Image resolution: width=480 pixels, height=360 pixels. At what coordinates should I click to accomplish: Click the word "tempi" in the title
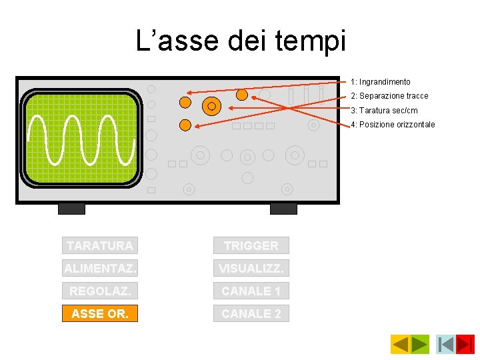coord(315,41)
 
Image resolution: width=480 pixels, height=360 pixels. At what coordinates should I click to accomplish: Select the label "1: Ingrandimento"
coord(381,82)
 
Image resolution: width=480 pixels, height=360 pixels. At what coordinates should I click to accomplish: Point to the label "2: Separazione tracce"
coord(389,96)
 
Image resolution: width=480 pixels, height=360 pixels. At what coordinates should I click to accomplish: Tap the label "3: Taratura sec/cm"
coord(384,111)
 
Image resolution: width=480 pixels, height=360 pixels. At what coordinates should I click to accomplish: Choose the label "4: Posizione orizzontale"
coord(393,125)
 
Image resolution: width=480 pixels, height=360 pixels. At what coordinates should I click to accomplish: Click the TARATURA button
coord(100,245)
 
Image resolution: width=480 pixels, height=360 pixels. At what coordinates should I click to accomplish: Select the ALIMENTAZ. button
coord(100,268)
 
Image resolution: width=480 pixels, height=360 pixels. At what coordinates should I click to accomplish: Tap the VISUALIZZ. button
coord(251,268)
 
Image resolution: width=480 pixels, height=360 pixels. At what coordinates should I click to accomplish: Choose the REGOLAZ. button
coord(100,291)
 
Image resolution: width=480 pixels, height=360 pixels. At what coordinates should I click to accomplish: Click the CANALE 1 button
coord(251,291)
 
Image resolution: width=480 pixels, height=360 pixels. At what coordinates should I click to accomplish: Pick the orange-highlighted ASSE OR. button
coord(100,313)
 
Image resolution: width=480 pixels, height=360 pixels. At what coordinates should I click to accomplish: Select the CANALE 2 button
coord(251,313)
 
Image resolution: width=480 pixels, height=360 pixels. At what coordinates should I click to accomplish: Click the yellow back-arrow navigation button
coord(400,344)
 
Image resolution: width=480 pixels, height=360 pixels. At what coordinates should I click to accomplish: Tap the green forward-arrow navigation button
coord(419,344)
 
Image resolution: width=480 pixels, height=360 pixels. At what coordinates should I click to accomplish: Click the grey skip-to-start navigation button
coord(445,344)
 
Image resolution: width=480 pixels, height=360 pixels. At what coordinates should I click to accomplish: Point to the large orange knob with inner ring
coord(211,105)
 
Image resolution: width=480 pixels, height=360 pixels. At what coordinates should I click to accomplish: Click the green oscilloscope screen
coord(82,138)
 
